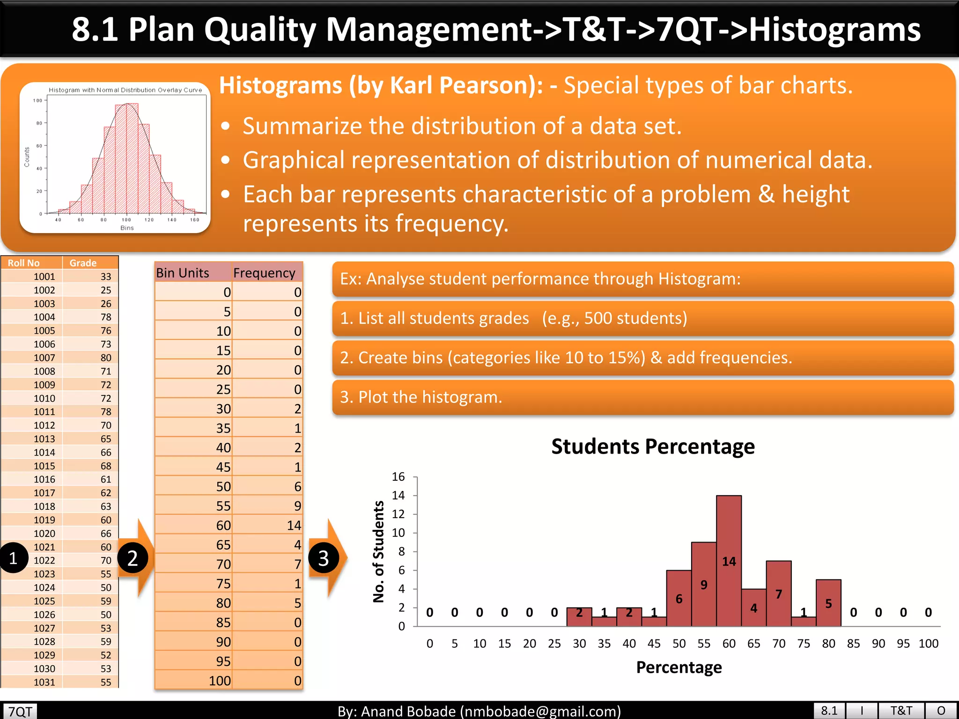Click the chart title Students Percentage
coord(653,446)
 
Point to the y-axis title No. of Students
coord(378,551)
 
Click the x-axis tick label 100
coord(928,644)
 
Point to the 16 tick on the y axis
coord(398,477)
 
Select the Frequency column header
coord(264,273)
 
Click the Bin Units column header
coord(183,273)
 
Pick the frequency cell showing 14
coord(294,525)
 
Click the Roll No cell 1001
coord(44,277)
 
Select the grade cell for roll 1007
coord(106,358)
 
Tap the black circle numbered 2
coord(133,558)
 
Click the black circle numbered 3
coord(323,558)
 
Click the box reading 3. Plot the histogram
coord(642,397)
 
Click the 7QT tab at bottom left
coord(20,711)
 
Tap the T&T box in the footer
coord(900,711)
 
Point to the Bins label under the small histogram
coord(127,228)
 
